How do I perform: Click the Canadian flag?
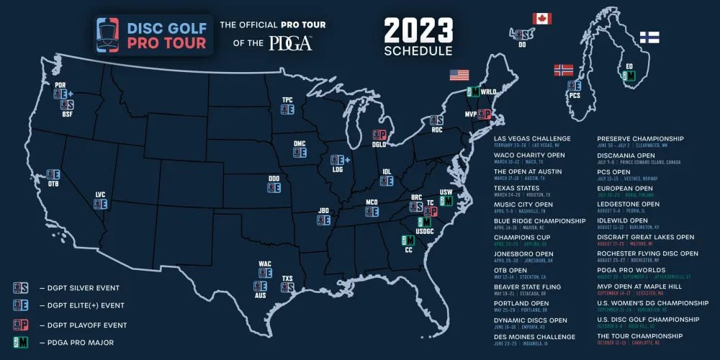click(x=541, y=18)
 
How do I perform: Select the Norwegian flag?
click(x=563, y=70)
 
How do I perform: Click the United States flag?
click(x=459, y=74)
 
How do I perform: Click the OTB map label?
click(x=53, y=183)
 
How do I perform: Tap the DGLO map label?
click(x=379, y=145)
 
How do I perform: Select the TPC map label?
click(x=287, y=100)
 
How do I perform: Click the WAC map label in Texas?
click(x=265, y=264)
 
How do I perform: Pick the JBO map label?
click(x=324, y=210)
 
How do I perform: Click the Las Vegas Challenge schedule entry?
click(x=532, y=138)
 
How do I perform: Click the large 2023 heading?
click(x=418, y=31)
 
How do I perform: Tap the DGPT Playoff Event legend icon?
click(x=21, y=325)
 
